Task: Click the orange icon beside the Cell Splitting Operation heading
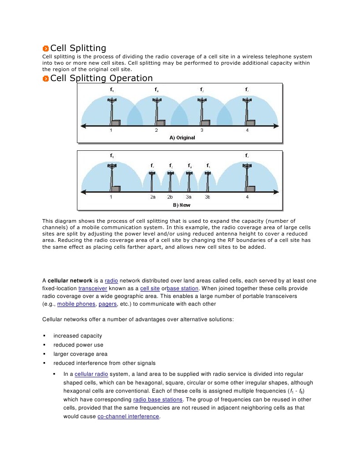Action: pyautogui.click(x=46, y=79)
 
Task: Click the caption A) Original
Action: pyautogui.click(x=182, y=138)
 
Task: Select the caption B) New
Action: pyautogui.click(x=182, y=205)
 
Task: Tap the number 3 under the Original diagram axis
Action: pyautogui.click(x=202, y=131)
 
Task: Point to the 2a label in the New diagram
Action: pyautogui.click(x=152, y=197)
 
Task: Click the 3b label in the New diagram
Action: pyautogui.click(x=208, y=197)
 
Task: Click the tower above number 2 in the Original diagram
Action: pyautogui.click(x=157, y=112)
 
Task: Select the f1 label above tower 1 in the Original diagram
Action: pyautogui.click(x=112, y=90)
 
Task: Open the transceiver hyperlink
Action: pyautogui.click(x=92, y=288)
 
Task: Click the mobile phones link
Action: pyautogui.click(x=76, y=304)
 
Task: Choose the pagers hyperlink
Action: pyautogui.click(x=107, y=304)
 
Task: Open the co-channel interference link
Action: pyautogui.click(x=128, y=416)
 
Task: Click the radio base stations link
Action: pyautogui.click(x=158, y=399)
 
